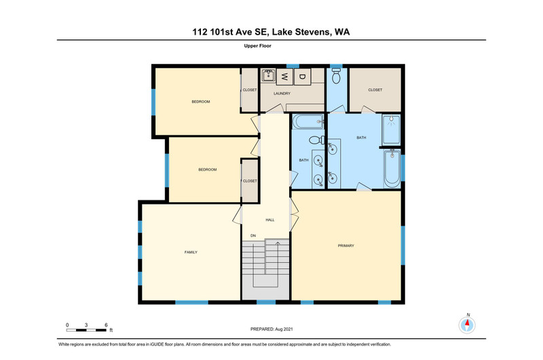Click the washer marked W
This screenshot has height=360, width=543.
284,77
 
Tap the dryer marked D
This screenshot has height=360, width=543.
302,77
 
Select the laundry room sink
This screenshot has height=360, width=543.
268,75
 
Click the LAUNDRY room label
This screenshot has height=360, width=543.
282,94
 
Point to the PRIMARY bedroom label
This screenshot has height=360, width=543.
346,246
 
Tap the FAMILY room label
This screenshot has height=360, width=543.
191,252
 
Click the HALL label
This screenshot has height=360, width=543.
270,219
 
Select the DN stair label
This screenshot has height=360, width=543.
253,236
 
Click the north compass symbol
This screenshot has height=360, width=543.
467,325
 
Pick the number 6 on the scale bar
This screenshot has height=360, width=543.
106,325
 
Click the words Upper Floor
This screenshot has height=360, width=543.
258,46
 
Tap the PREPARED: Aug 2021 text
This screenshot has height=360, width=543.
271,329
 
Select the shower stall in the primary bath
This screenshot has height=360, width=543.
392,130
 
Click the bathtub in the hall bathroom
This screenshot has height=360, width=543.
308,122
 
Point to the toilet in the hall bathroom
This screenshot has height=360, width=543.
316,141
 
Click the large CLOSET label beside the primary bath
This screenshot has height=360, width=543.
375,90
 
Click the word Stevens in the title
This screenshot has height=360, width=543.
313,32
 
